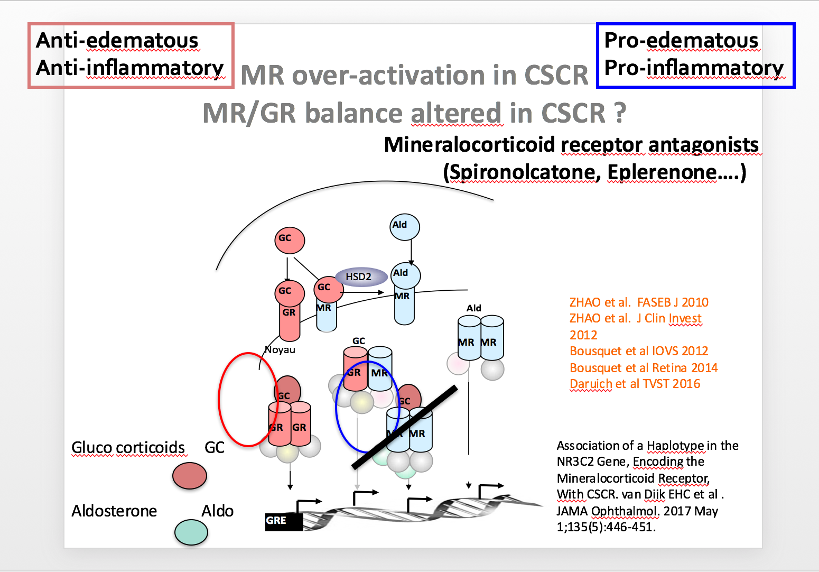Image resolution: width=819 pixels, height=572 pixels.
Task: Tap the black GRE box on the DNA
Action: coord(283,521)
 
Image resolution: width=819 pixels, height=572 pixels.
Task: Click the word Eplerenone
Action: coord(662,172)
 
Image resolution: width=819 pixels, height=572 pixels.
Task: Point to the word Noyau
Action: coord(280,350)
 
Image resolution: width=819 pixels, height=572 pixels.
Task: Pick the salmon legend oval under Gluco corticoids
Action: coord(189,475)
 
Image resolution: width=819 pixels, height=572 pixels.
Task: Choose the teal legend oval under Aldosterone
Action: coord(191,532)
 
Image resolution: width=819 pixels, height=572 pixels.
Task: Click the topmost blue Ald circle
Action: coord(405,227)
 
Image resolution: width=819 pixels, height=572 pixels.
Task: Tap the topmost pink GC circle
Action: coord(290,240)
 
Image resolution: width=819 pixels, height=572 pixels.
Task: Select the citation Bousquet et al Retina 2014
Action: coord(644,368)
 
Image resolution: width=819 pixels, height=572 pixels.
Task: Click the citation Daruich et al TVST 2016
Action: coord(635,384)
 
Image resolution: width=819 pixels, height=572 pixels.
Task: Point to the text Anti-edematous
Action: coord(117,41)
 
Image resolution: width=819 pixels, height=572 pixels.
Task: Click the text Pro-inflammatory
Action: coord(694,68)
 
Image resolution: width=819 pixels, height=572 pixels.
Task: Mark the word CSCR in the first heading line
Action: coord(556,76)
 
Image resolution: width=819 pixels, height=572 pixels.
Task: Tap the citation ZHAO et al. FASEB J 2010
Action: coord(639,302)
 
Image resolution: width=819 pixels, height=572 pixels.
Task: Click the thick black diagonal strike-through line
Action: coord(405,427)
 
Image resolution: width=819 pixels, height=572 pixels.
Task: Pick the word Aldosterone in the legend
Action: coord(114,511)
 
